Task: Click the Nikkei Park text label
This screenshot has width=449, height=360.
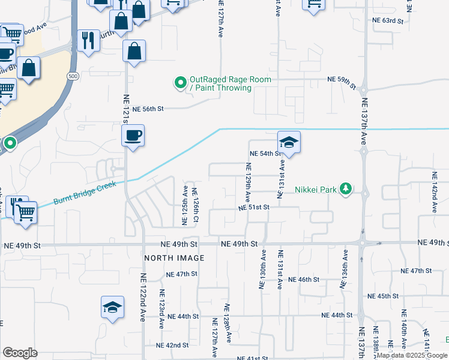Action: point(315,190)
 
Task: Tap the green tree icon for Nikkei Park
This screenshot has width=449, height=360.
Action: point(345,189)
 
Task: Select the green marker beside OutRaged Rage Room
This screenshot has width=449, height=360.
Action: point(179,83)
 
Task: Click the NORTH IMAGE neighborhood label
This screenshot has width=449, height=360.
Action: point(174,258)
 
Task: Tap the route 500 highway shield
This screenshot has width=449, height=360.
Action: point(73,76)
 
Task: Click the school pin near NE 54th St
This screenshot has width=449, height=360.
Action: point(289,143)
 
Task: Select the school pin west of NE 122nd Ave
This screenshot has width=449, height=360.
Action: point(112,308)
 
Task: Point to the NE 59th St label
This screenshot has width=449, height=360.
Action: point(343,79)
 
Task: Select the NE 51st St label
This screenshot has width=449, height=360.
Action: point(254,208)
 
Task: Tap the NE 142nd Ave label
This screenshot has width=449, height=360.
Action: point(434,192)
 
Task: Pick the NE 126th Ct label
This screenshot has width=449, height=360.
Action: point(195,208)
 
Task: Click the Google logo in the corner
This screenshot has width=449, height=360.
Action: point(20,353)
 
